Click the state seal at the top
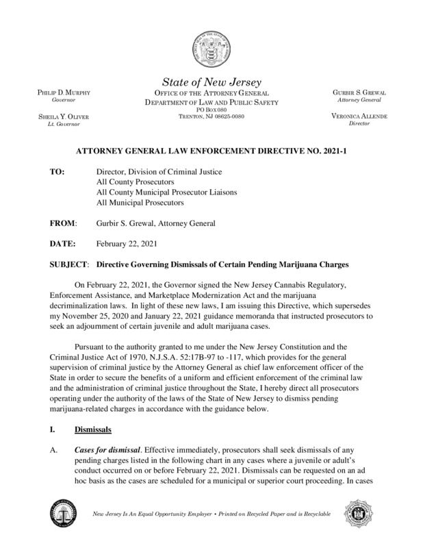(211, 49)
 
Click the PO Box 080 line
(211, 110)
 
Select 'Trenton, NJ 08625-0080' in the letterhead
(211, 116)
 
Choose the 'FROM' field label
(62, 223)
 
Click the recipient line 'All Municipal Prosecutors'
(142, 203)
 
